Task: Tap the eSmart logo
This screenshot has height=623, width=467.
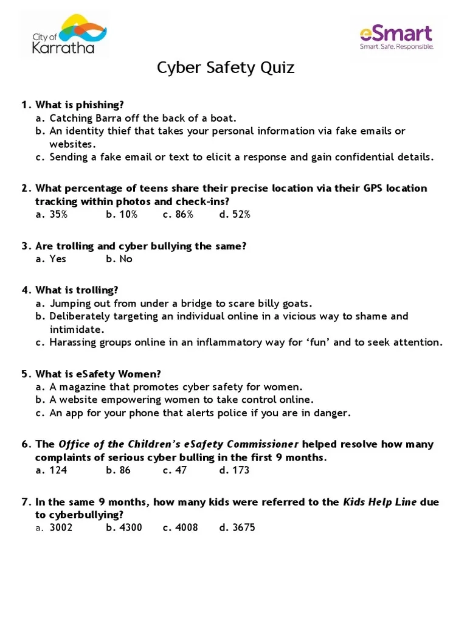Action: pos(396,37)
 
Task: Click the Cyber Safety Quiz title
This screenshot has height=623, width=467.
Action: pos(226,68)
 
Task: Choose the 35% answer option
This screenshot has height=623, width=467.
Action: pos(58,214)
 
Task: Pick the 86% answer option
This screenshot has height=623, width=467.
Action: pos(184,214)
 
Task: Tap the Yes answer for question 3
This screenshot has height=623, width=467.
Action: pos(58,259)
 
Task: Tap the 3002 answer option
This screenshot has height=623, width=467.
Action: pos(61,527)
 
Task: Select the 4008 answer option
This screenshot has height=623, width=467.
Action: pos(187,527)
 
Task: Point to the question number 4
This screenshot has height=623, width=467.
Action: pos(26,290)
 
